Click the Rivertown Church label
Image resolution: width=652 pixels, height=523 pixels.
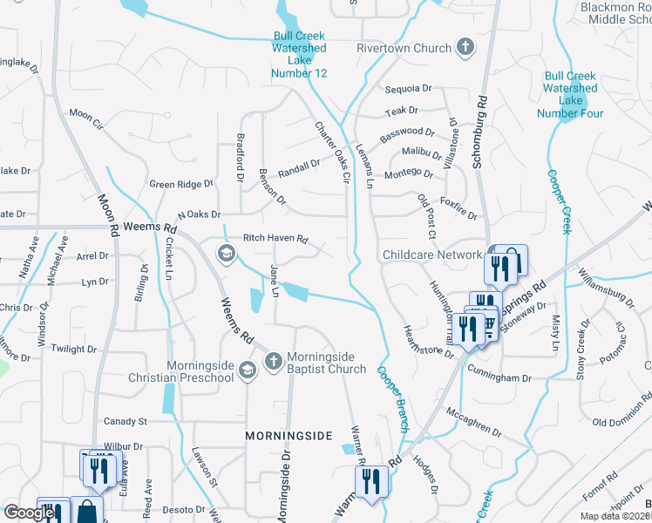(404, 49)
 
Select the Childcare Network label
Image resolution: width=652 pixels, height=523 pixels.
(432, 255)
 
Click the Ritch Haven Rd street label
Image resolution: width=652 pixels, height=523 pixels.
(275, 238)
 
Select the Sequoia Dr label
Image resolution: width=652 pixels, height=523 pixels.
(408, 89)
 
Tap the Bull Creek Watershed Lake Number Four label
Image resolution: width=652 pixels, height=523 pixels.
(570, 94)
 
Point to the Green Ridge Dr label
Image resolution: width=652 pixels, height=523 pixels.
(181, 184)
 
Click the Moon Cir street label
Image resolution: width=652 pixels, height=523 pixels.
(86, 114)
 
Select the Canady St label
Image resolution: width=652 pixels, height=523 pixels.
(126, 422)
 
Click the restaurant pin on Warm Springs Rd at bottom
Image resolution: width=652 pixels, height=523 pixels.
(371, 480)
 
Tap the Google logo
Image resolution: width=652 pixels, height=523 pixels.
(29, 513)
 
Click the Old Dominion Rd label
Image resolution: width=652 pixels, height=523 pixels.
(621, 423)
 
